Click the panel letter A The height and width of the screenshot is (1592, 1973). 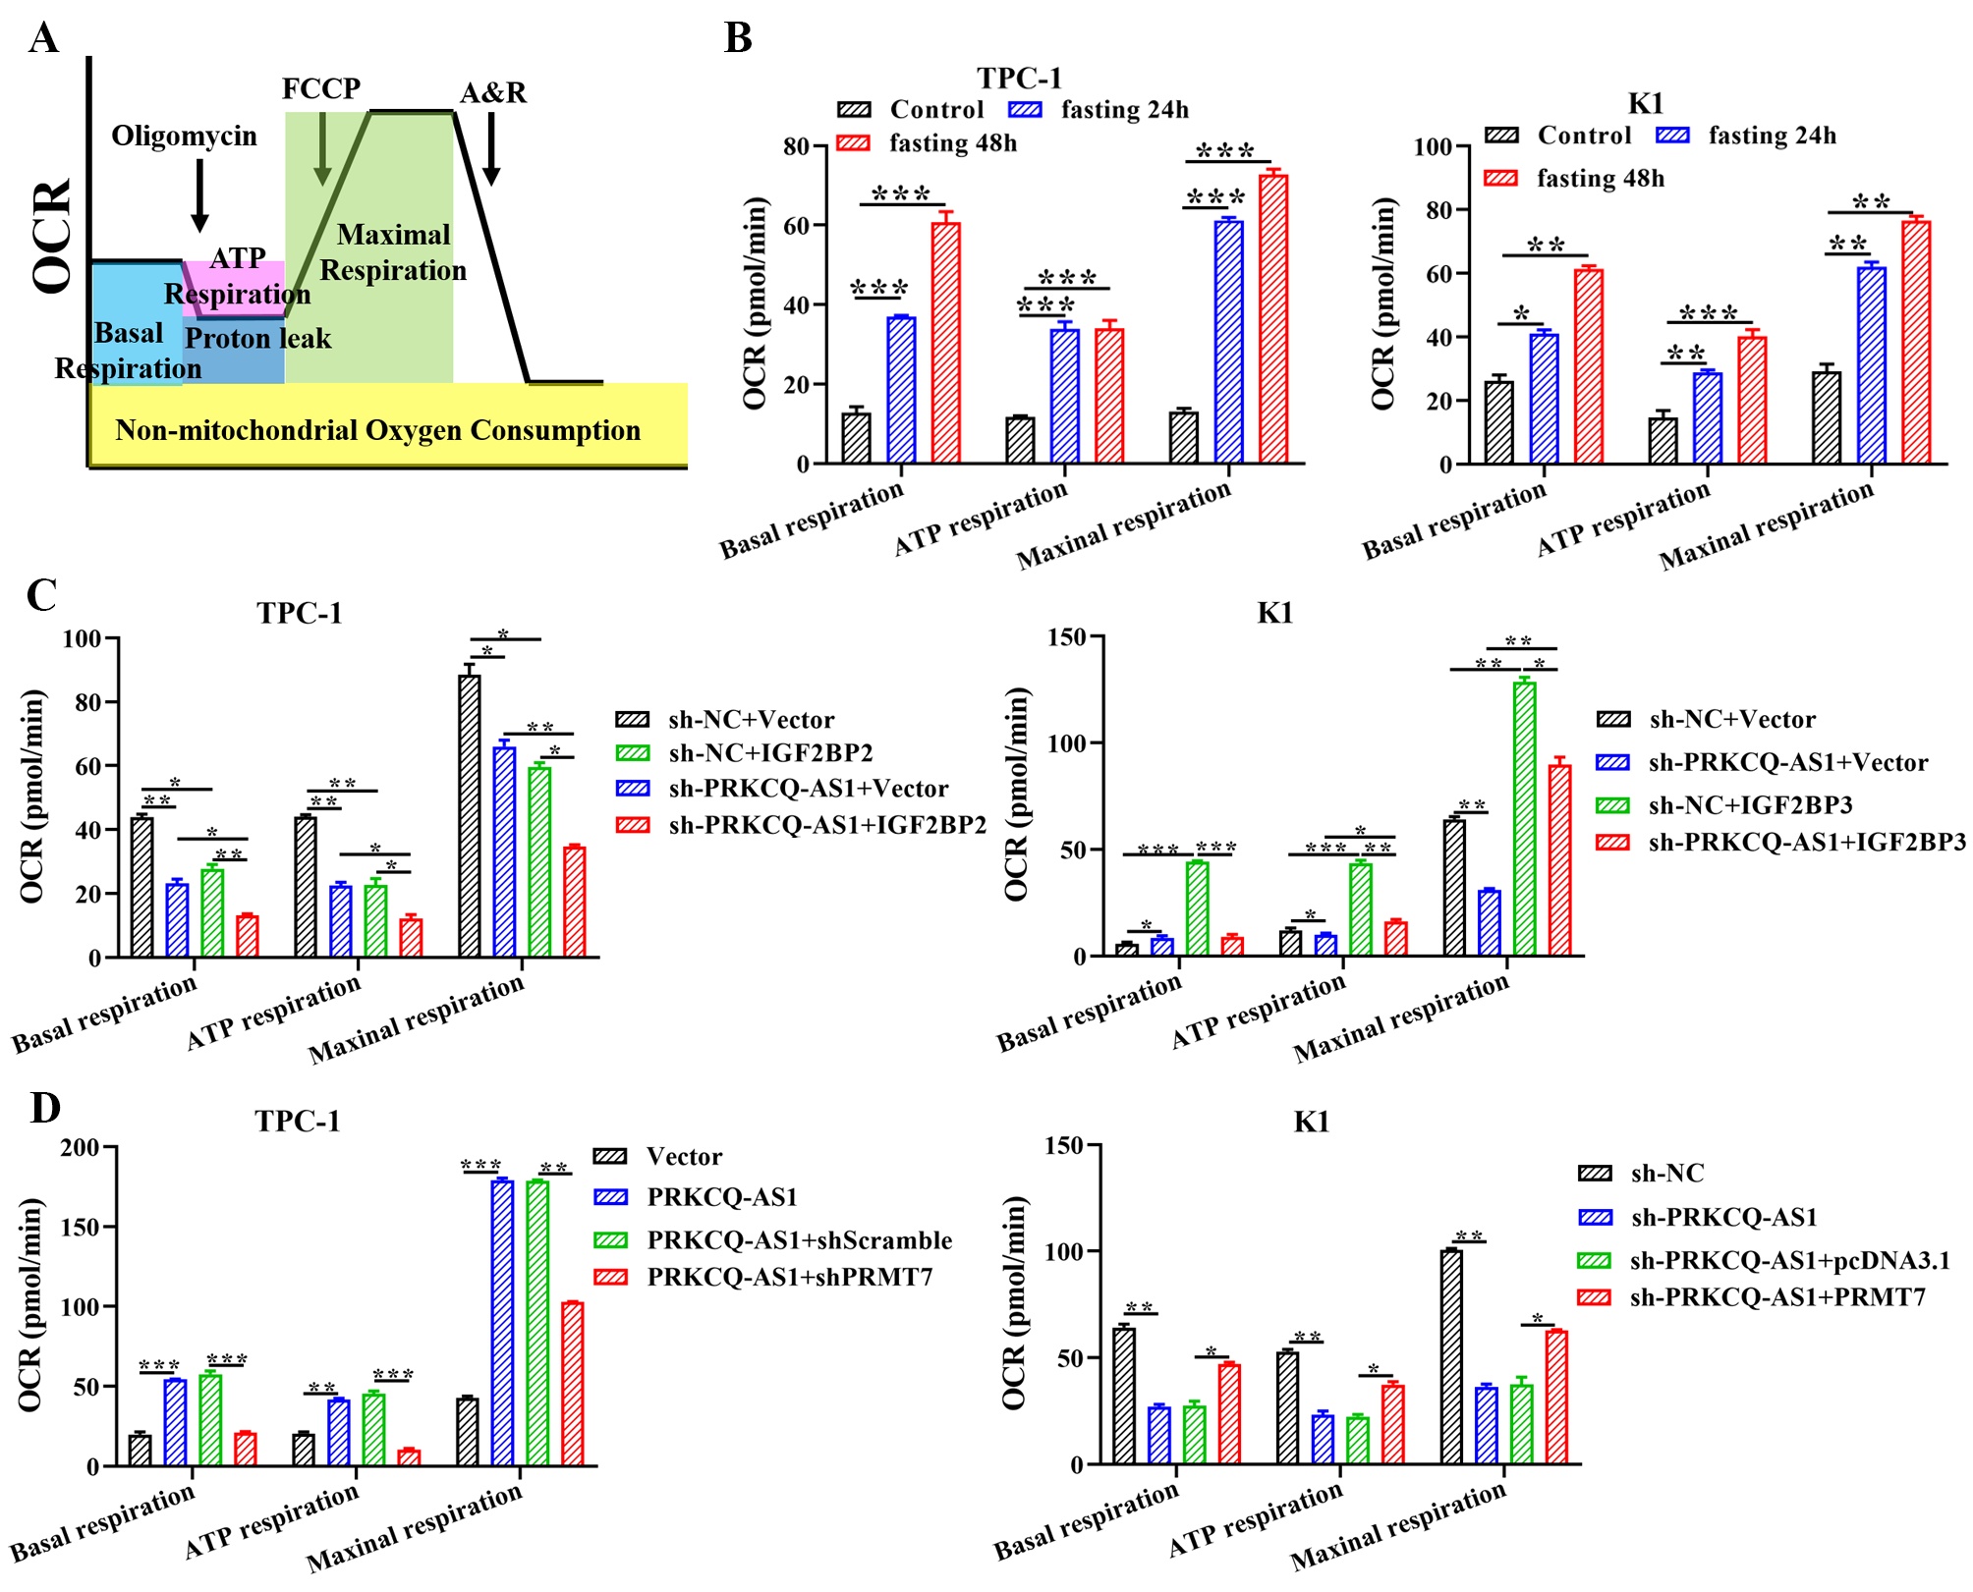coord(44,38)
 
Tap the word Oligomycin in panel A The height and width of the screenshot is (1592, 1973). coord(184,136)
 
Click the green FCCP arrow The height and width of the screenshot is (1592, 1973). coord(322,147)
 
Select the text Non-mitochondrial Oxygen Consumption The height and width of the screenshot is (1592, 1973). coord(377,430)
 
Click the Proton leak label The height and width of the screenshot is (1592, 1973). coord(257,339)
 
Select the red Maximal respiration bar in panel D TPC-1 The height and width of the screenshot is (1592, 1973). coord(573,1384)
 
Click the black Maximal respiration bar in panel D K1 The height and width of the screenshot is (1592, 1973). coord(1451,1356)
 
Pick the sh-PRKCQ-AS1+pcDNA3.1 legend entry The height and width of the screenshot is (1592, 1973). coord(1763,1260)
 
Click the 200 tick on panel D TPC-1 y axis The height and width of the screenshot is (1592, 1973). coord(80,1147)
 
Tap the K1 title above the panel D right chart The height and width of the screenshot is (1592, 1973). coord(1311,1122)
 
